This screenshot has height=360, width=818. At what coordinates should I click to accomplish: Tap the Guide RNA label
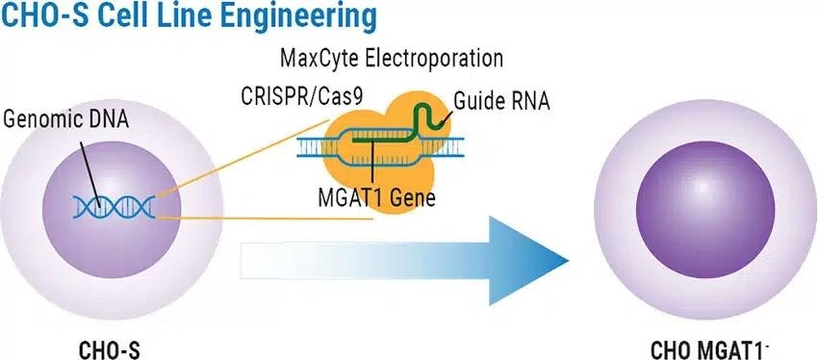click(x=503, y=99)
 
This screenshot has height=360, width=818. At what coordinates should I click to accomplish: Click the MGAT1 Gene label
click(x=378, y=200)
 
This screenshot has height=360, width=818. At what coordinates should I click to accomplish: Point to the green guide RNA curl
click(x=435, y=113)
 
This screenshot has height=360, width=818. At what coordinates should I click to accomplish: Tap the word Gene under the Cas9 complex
click(x=416, y=200)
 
